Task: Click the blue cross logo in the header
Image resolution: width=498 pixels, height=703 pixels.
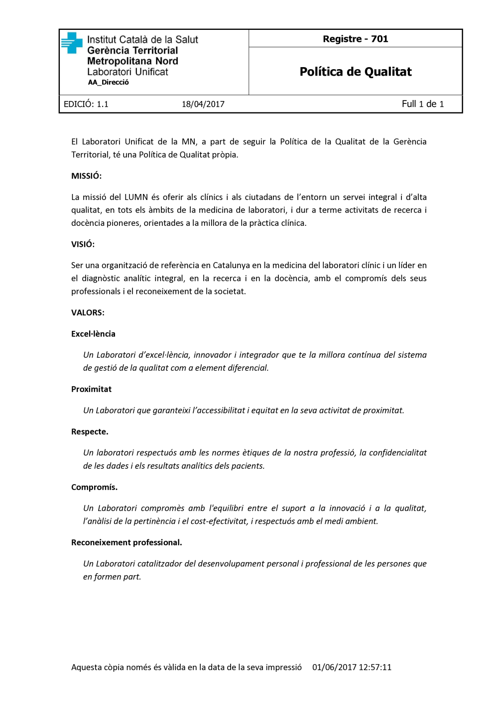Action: pyautogui.click(x=72, y=43)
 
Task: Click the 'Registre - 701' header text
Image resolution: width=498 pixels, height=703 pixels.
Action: pyautogui.click(x=355, y=39)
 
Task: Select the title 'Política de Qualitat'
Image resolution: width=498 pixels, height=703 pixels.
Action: pyautogui.click(x=356, y=72)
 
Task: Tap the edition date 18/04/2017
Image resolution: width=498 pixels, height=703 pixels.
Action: pyautogui.click(x=203, y=104)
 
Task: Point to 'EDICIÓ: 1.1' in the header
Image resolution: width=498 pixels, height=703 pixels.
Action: pyautogui.click(x=86, y=104)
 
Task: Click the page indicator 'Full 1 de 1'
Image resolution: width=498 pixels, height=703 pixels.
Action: pyautogui.click(x=423, y=103)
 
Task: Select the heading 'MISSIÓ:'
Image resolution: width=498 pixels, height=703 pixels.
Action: pyautogui.click(x=86, y=176)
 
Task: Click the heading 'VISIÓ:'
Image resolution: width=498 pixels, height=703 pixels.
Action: pyautogui.click(x=83, y=244)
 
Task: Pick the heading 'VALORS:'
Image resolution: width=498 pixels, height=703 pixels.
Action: pyautogui.click(x=88, y=312)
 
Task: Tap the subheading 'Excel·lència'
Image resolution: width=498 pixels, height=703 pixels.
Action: pyautogui.click(x=93, y=334)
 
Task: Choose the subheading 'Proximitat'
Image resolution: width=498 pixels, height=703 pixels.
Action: pyautogui.click(x=91, y=389)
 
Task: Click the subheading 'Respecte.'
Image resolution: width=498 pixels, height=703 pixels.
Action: pyautogui.click(x=90, y=431)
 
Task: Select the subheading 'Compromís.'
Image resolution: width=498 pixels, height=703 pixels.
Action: pyautogui.click(x=94, y=487)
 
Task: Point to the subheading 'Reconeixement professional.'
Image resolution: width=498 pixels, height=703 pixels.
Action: pyautogui.click(x=126, y=542)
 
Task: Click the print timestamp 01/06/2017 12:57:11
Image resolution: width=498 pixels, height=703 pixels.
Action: pyautogui.click(x=352, y=667)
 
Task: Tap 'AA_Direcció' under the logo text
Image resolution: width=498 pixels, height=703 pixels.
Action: pyautogui.click(x=108, y=83)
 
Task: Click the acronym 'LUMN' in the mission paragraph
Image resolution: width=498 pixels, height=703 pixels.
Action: pyautogui.click(x=136, y=197)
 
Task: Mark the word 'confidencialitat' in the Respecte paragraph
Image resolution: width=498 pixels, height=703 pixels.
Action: pyautogui.click(x=397, y=452)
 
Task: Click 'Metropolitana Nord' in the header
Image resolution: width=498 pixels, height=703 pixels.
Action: pyautogui.click(x=132, y=61)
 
